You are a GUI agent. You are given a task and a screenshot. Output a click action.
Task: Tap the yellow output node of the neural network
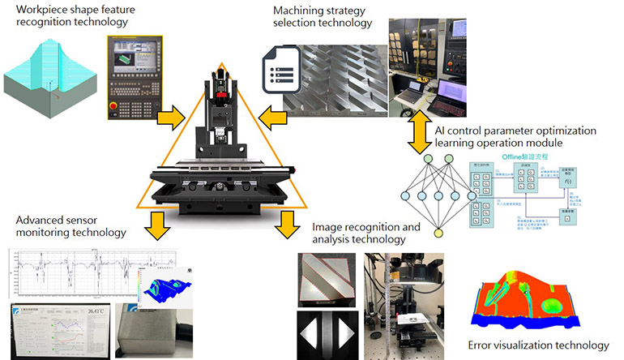438,234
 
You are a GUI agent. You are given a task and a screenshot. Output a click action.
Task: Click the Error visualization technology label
536,345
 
